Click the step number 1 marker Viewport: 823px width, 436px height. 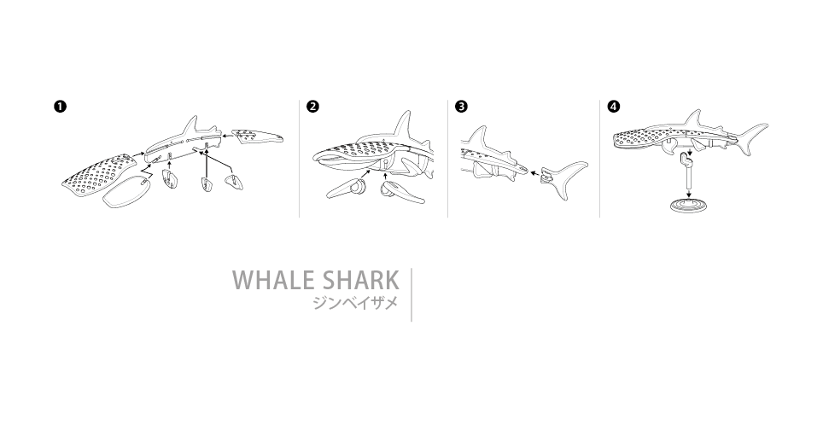click(x=61, y=107)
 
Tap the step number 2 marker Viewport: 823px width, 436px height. click(x=312, y=107)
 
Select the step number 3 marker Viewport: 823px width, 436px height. click(x=461, y=107)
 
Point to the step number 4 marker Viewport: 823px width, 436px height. click(x=613, y=107)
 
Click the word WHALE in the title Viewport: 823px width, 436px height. click(x=272, y=280)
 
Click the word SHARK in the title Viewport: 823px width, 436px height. click(x=360, y=280)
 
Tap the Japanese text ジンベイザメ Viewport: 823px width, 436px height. click(x=355, y=303)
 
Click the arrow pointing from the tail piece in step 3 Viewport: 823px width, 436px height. click(x=534, y=172)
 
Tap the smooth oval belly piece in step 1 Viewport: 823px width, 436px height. click(x=126, y=191)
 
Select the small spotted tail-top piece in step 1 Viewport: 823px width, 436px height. click(x=257, y=137)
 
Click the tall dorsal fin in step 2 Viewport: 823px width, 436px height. click(x=403, y=126)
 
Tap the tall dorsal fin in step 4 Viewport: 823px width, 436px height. click(x=694, y=119)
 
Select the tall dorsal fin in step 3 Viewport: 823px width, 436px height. click(x=479, y=137)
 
